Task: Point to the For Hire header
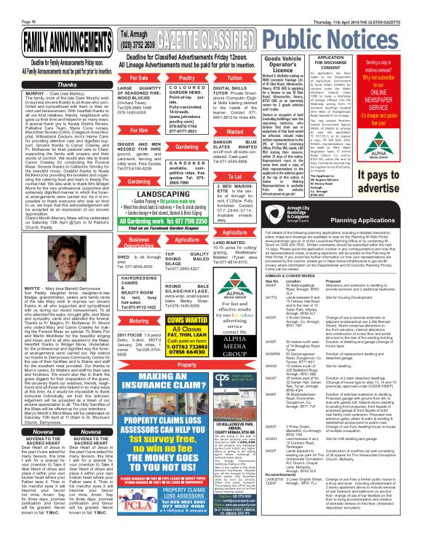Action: tap(138, 130)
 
